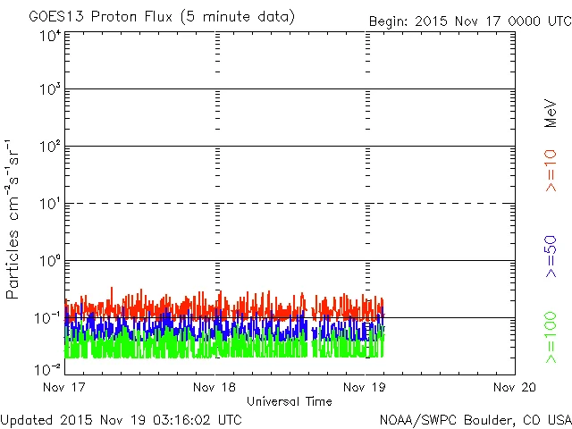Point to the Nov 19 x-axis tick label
tap(365, 387)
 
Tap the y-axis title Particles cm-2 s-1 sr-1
tap(13, 219)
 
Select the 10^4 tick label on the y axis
tap(50, 37)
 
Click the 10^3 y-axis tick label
tap(50, 89)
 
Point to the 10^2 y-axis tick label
tap(50, 147)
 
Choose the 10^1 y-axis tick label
tap(50, 204)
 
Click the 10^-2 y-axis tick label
tap(48, 368)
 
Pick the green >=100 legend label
tap(551, 337)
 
